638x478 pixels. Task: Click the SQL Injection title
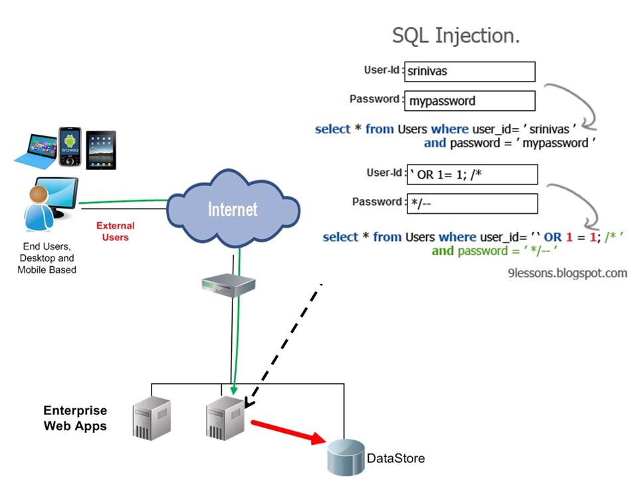point(455,35)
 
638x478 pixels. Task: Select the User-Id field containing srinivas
point(469,72)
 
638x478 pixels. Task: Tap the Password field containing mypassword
point(469,101)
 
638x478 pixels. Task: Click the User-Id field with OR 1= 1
point(471,175)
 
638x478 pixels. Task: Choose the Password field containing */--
point(471,203)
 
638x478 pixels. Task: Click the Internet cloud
point(232,208)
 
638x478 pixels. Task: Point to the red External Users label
point(115,232)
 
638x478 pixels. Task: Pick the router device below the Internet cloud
point(229,286)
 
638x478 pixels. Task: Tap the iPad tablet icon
point(101,149)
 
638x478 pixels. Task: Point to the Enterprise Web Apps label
point(75,418)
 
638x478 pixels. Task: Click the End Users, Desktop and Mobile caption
point(48,258)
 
